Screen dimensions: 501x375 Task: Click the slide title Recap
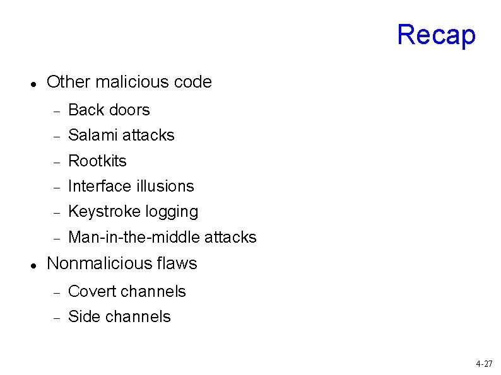point(436,35)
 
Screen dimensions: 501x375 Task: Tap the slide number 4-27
point(484,364)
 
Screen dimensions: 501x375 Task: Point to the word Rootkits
point(97,161)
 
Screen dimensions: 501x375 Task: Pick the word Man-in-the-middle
point(134,237)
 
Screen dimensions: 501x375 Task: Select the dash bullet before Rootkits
point(56,162)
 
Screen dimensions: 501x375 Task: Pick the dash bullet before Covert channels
point(56,292)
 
